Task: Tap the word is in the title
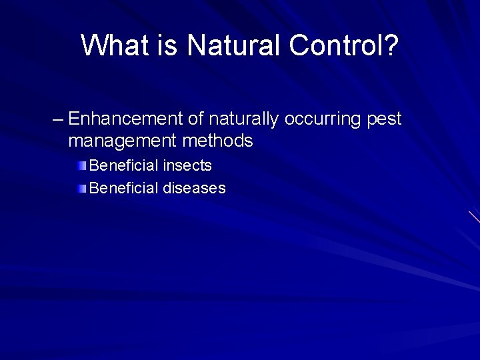point(170,45)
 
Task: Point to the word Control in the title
point(333,45)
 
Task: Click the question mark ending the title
point(391,45)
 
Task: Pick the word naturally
point(244,120)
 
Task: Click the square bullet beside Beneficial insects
point(81,165)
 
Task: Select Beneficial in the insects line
point(124,165)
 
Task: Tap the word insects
point(187,165)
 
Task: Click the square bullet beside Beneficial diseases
point(81,189)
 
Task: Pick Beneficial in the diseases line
point(124,189)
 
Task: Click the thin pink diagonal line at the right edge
point(474,216)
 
